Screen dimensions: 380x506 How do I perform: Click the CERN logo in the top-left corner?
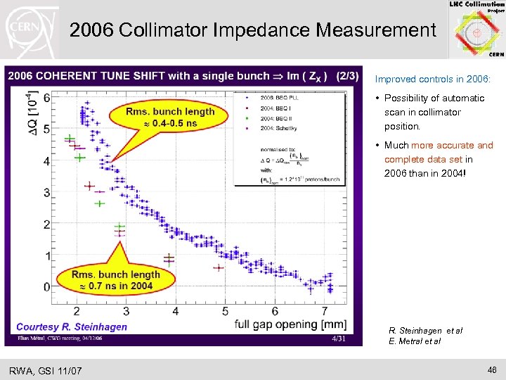click(x=29, y=30)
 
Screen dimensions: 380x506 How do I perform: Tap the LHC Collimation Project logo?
click(x=476, y=30)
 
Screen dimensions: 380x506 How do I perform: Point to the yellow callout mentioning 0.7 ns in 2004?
click(x=115, y=280)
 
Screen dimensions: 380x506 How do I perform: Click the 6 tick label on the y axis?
click(x=46, y=99)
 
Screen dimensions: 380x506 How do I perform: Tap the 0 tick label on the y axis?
click(x=46, y=287)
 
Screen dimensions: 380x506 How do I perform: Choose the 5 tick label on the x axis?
click(x=225, y=311)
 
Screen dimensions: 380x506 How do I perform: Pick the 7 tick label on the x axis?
click(x=324, y=311)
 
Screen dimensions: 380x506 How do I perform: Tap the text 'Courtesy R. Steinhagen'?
click(x=72, y=327)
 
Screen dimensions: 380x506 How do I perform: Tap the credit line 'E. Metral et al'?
click(x=415, y=341)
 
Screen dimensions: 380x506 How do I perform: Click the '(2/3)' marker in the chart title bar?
click(x=346, y=76)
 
